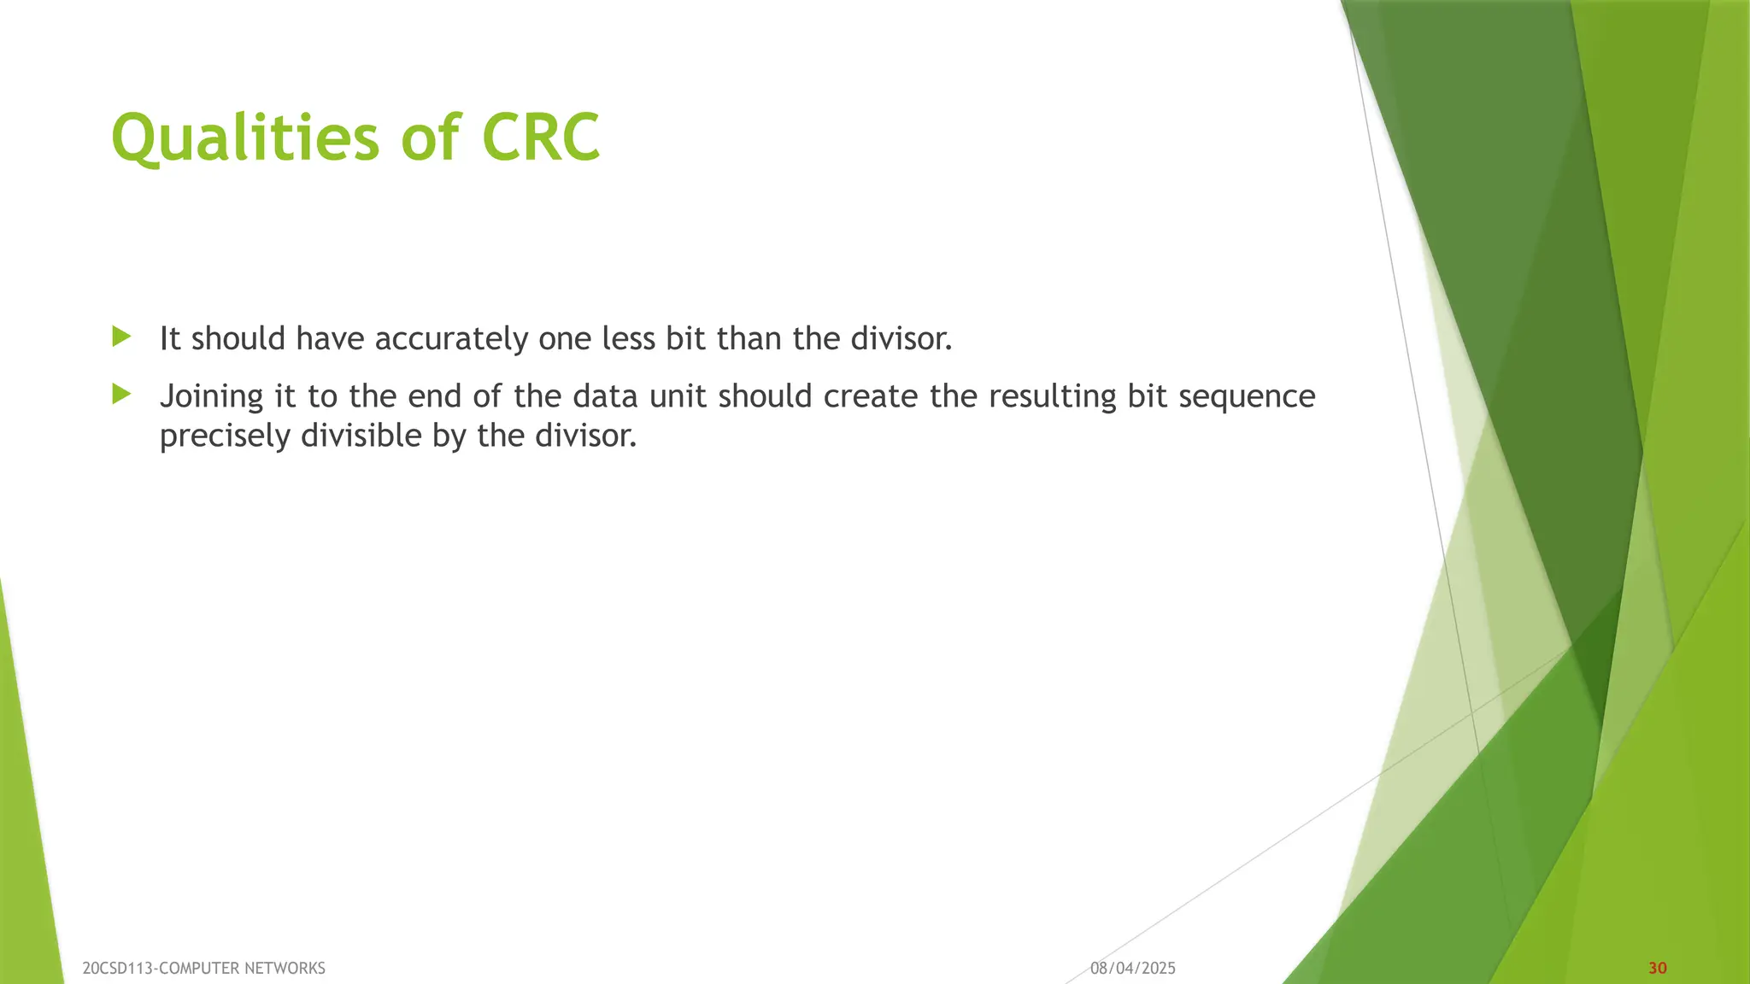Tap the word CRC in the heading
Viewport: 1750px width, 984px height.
tap(541, 138)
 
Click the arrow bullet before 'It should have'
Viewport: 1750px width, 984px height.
tap(121, 337)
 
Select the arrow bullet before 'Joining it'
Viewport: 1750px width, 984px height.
tap(121, 394)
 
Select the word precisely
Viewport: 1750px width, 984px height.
tap(225, 436)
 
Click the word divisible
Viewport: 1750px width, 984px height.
tap(361, 436)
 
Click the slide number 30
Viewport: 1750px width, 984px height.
tap(1657, 968)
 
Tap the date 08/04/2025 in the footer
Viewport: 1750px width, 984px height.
tap(1132, 968)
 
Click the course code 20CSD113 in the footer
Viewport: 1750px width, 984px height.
tap(118, 968)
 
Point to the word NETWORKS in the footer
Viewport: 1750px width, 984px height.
tap(285, 968)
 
